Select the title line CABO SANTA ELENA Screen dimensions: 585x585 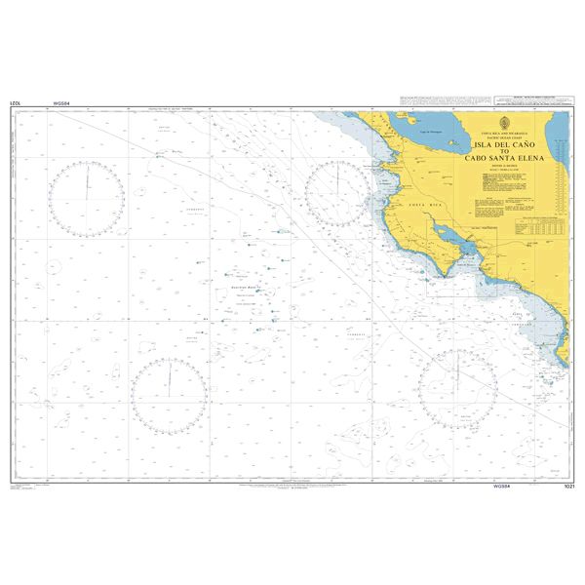502,157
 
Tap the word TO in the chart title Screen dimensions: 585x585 502,149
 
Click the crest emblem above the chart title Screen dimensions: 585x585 502,123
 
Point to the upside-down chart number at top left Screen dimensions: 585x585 15,102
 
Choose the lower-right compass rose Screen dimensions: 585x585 458,389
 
